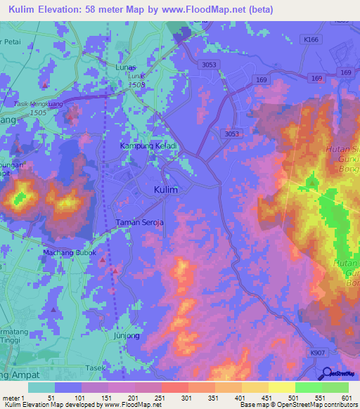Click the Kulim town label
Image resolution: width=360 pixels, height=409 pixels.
(165, 190)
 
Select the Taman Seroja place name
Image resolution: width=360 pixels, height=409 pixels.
(139, 223)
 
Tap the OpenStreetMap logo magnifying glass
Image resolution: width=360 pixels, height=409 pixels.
(327, 374)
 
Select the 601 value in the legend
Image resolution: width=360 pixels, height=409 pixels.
(346, 398)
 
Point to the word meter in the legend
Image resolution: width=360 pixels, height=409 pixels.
(11, 398)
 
